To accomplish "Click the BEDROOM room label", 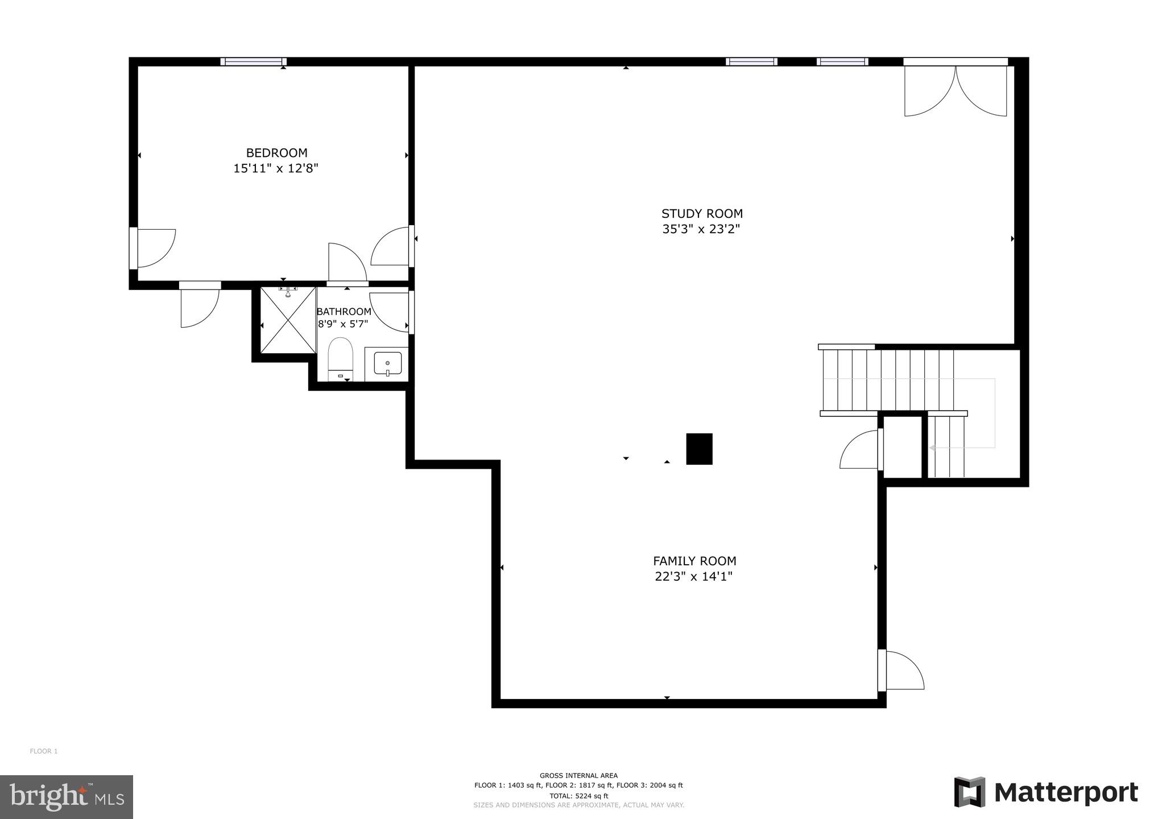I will pyautogui.click(x=276, y=153).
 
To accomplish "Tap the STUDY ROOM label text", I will pyautogui.click(x=702, y=214).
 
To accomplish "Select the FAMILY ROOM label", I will pyautogui.click(x=694, y=561).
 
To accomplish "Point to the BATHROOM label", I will pyautogui.click(x=344, y=312).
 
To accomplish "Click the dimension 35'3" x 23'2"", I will pyautogui.click(x=701, y=229).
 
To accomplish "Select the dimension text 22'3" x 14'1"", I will pyautogui.click(x=693, y=576).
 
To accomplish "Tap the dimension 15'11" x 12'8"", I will pyautogui.click(x=276, y=168).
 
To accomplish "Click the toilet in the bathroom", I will pyautogui.click(x=341, y=358).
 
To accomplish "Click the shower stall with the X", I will pyautogui.click(x=288, y=320).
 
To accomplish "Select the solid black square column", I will pyautogui.click(x=699, y=449).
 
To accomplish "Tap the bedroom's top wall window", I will pyautogui.click(x=253, y=62).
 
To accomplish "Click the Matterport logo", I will pyautogui.click(x=1046, y=792).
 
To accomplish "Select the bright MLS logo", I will pyautogui.click(x=67, y=797).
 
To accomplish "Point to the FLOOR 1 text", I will pyautogui.click(x=44, y=751).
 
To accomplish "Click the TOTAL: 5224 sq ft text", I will pyautogui.click(x=578, y=796).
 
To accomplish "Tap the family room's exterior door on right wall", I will pyautogui.click(x=901, y=671).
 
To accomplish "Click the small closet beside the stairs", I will pyautogui.click(x=903, y=447).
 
